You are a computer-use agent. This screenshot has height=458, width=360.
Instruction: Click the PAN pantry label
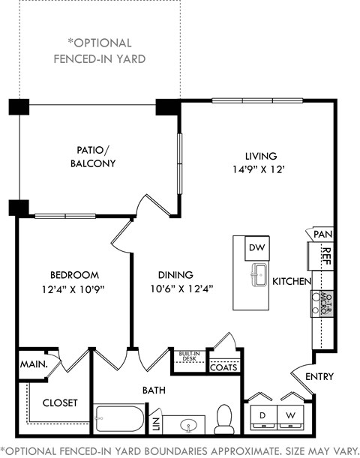click(322, 235)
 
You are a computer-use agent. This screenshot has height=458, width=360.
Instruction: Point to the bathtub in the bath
click(120, 419)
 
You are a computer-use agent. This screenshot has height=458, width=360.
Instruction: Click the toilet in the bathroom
click(224, 420)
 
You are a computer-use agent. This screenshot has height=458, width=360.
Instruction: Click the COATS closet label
click(224, 367)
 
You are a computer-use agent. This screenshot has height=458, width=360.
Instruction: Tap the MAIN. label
click(31, 364)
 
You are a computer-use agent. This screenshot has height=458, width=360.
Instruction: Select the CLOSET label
click(60, 403)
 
